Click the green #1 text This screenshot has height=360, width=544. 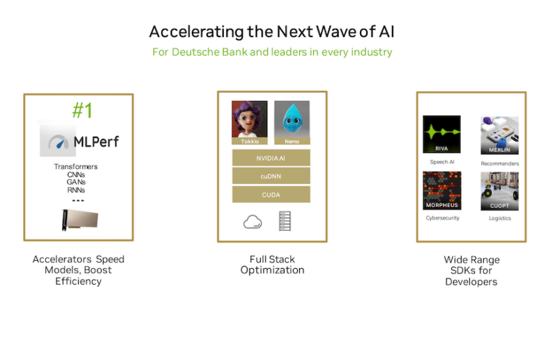click(82, 110)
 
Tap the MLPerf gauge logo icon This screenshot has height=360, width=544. click(58, 142)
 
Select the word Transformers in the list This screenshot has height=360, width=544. click(75, 167)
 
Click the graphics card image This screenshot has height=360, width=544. click(80, 220)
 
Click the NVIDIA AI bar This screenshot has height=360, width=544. click(271, 158)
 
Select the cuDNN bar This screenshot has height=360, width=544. click(271, 177)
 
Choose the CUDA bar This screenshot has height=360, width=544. click(271, 195)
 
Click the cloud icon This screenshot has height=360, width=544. click(252, 222)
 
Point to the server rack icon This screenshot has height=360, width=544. click(285, 221)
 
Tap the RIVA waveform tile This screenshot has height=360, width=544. click(441, 135)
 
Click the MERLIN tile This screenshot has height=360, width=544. click(499, 135)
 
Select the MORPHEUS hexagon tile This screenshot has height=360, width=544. click(442, 190)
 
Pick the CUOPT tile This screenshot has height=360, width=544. click(499, 191)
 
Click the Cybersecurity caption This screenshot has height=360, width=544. click(442, 218)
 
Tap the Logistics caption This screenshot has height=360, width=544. click(500, 218)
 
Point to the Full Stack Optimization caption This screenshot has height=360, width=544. click(272, 265)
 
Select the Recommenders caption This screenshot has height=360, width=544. click(500, 163)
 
